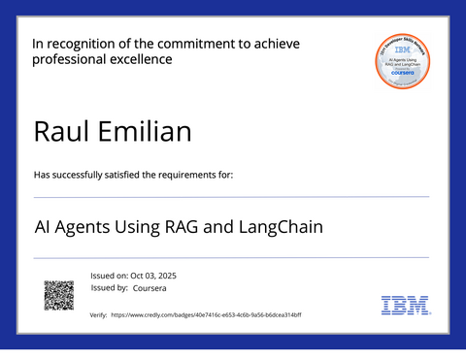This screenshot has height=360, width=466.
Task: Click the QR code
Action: pos(59,295)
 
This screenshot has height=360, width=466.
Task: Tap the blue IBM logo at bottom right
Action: pos(405,306)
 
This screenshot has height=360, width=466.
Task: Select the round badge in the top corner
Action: pos(402,59)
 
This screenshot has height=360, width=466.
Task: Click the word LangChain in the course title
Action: pos(280,228)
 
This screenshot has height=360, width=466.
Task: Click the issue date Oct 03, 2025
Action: pos(155,276)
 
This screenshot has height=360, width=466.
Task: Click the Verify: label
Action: pos(98,315)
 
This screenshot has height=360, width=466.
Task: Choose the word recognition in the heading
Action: pos(88,43)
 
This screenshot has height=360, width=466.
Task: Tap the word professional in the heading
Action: pos(69,59)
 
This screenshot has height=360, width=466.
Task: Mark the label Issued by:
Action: pos(110,288)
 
